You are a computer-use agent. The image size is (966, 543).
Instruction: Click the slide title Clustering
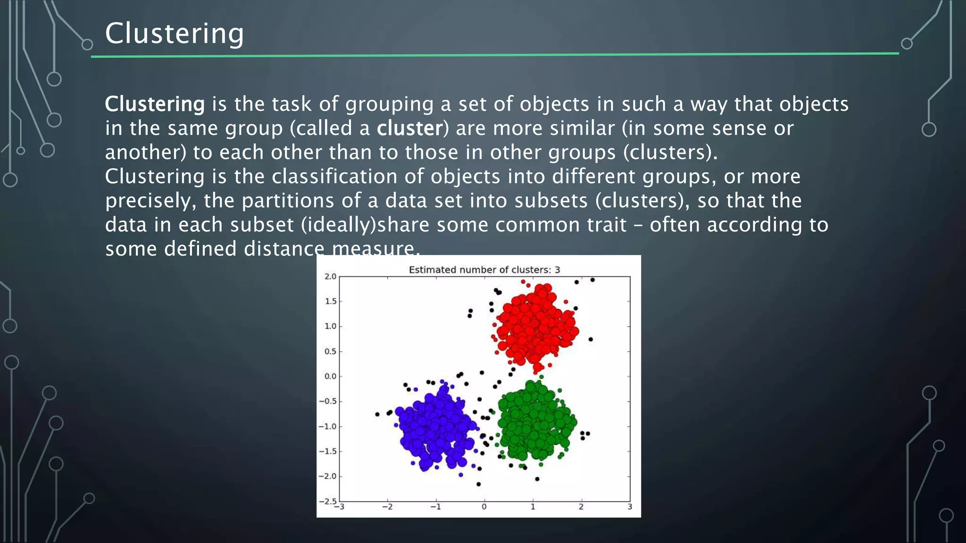pyautogui.click(x=174, y=33)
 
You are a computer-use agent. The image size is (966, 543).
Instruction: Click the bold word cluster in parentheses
pyautogui.click(x=410, y=128)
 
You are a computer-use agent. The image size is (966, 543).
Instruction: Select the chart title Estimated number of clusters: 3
pyautogui.click(x=484, y=270)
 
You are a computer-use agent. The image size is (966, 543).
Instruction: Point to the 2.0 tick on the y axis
pyautogui.click(x=330, y=276)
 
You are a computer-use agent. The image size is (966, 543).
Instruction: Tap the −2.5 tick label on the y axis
pyautogui.click(x=328, y=501)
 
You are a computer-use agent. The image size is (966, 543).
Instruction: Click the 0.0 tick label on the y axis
pyautogui.click(x=330, y=376)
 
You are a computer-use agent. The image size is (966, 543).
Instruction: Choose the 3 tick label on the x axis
pyautogui.click(x=630, y=507)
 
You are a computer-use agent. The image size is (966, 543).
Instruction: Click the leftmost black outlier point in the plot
pyautogui.click(x=377, y=414)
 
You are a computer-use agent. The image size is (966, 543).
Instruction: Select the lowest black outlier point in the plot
pyautogui.click(x=479, y=484)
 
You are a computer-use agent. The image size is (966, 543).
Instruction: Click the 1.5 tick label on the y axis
pyautogui.click(x=331, y=301)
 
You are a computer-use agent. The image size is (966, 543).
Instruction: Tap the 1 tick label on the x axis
pyautogui.click(x=533, y=507)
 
